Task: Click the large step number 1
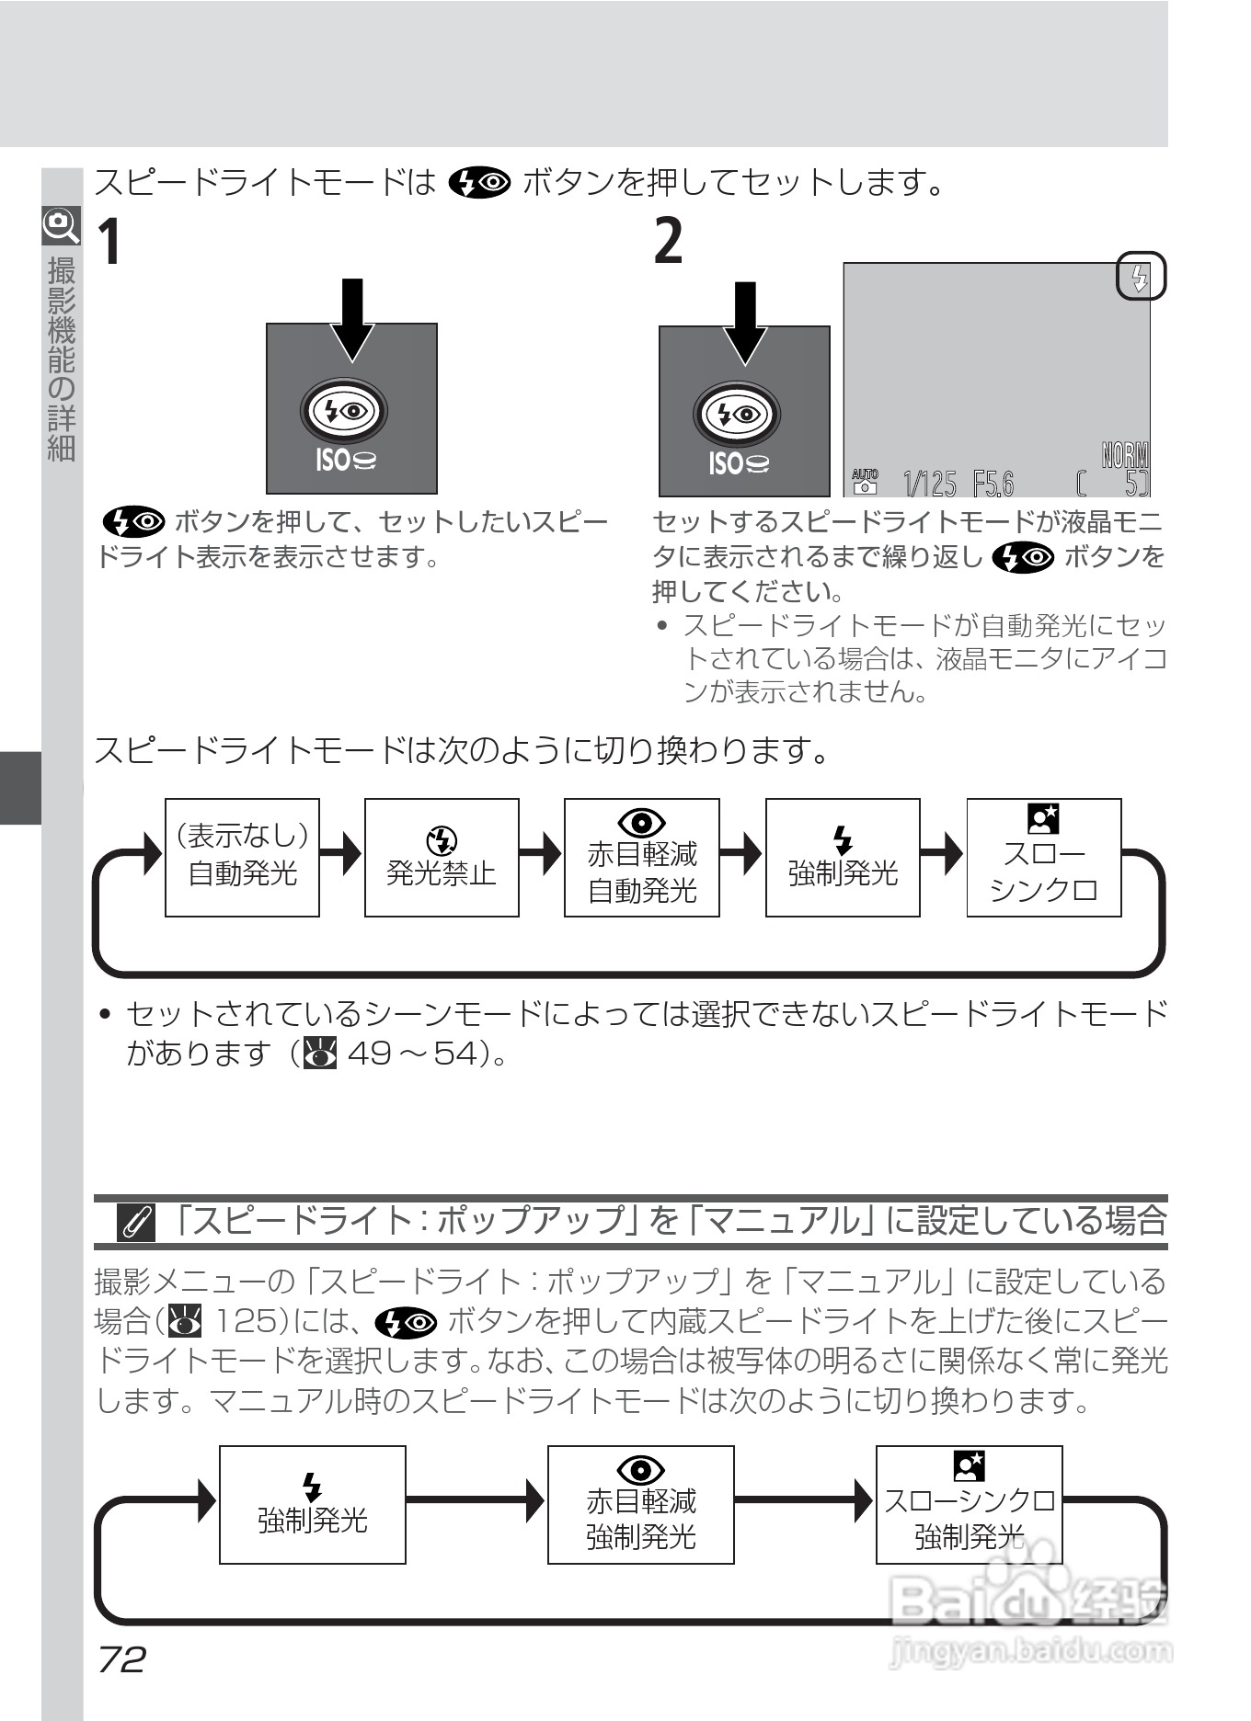point(109,243)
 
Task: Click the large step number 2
point(669,243)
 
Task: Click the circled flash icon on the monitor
point(1140,277)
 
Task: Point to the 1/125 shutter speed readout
point(930,483)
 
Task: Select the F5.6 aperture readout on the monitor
point(993,483)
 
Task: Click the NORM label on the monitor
point(1125,455)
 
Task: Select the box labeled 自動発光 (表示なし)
point(242,857)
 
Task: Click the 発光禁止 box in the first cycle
point(442,857)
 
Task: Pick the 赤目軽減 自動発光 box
point(641,857)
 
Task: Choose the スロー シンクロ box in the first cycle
point(1043,857)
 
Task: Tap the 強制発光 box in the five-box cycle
point(843,857)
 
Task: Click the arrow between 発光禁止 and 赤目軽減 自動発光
point(542,853)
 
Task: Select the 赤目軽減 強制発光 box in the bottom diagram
point(640,1504)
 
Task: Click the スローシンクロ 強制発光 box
point(969,1504)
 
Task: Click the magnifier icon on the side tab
point(61,224)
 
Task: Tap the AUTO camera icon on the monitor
point(865,481)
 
